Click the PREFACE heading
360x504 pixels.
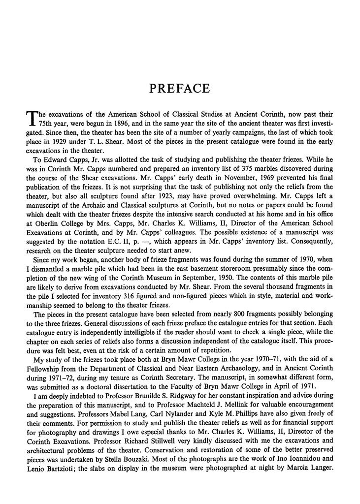pyautogui.click(x=180, y=89)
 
